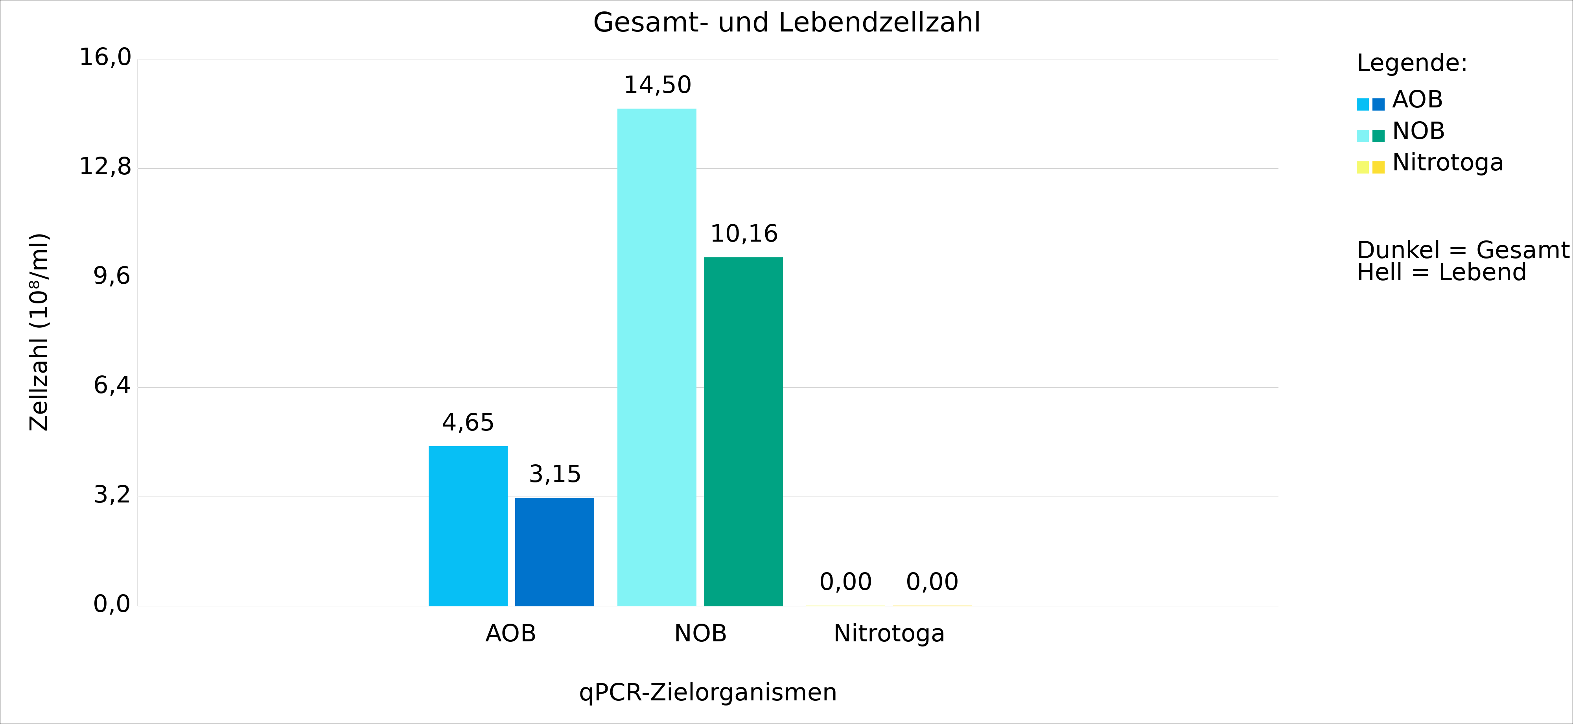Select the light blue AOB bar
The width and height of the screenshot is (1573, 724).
pyautogui.click(x=468, y=525)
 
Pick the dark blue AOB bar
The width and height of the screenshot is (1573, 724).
pyautogui.click(x=554, y=551)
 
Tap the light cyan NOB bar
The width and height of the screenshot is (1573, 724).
pyautogui.click(x=656, y=357)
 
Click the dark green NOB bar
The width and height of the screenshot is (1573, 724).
pyautogui.click(x=743, y=431)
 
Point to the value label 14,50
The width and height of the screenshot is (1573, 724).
pyautogui.click(x=657, y=85)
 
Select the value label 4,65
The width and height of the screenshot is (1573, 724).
pyautogui.click(x=468, y=423)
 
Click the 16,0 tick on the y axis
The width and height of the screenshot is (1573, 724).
pyautogui.click(x=105, y=57)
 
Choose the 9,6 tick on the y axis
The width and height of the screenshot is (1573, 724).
pyautogui.click(x=112, y=276)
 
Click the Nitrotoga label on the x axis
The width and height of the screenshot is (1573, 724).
pyautogui.click(x=889, y=633)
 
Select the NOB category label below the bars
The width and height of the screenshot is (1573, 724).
pyautogui.click(x=700, y=633)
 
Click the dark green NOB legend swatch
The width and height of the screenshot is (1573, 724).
pyautogui.click(x=1378, y=136)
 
